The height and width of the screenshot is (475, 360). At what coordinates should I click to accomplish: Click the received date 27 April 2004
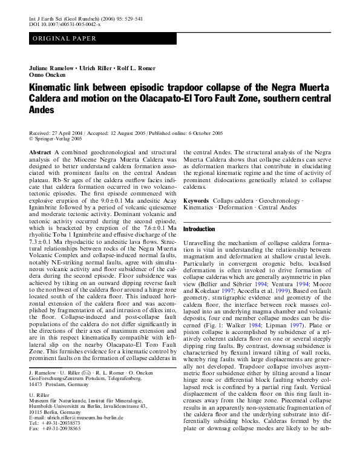point(70,133)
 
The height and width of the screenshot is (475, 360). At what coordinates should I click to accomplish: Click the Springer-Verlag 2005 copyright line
point(60,139)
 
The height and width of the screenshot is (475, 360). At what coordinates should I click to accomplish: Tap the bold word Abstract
point(40,152)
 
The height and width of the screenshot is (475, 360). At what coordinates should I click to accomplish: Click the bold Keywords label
point(196,200)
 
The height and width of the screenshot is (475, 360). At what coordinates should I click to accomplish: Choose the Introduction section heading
point(199,229)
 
